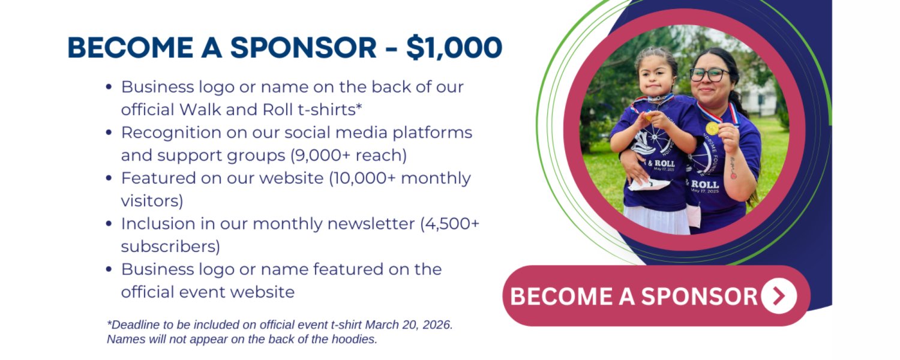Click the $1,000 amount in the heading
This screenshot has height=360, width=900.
454,48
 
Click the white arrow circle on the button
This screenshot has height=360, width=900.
779,296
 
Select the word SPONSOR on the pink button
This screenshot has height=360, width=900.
699,296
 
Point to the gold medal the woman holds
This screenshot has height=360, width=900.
712,128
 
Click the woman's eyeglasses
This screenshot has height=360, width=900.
710,75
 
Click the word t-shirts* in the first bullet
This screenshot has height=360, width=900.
330,110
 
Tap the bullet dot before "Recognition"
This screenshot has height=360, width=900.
109,132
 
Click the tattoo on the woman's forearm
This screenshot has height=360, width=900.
733,168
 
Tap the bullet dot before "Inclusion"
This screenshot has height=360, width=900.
109,223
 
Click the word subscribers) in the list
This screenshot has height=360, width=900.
171,247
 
